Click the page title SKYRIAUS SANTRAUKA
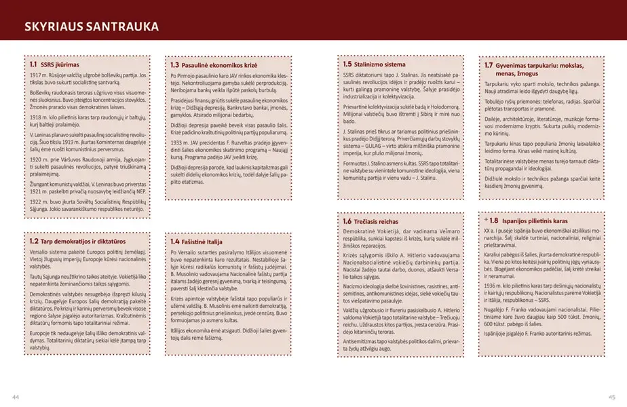pyautogui.click(x=91, y=27)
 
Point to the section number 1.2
pyautogui.click(x=33, y=241)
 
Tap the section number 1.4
pyautogui.click(x=174, y=241)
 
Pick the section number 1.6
pyautogui.click(x=347, y=221)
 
